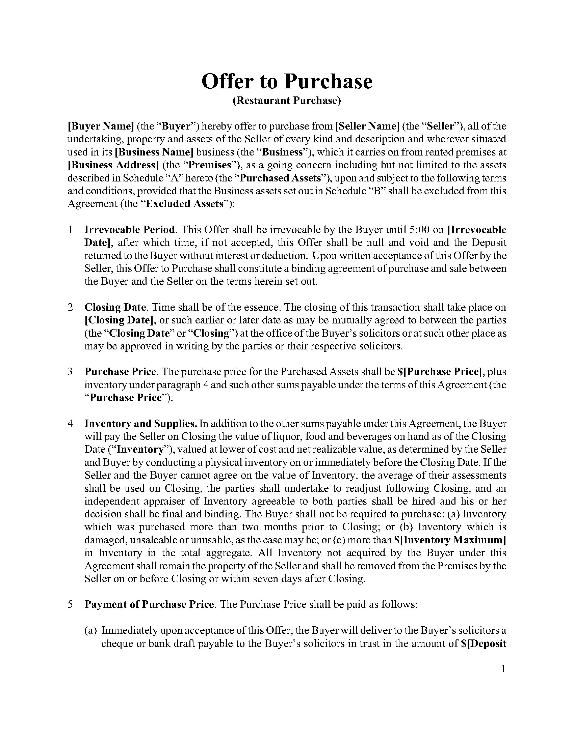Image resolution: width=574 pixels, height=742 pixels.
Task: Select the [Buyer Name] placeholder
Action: tap(101, 126)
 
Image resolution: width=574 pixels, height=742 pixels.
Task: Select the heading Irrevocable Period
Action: tap(130, 230)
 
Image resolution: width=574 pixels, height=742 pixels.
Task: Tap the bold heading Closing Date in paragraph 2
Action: tap(115, 307)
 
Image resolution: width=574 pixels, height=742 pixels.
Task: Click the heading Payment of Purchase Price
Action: tap(149, 604)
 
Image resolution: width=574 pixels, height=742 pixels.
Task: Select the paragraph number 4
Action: tap(70, 424)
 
